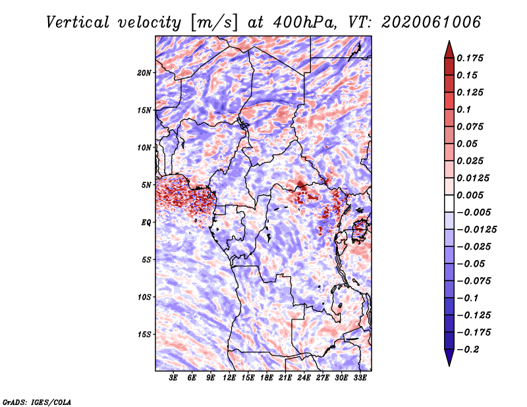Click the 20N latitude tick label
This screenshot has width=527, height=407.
click(x=144, y=72)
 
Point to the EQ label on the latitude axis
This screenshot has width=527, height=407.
click(x=146, y=222)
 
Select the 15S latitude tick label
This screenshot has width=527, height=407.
click(x=144, y=335)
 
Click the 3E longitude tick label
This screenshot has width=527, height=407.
click(x=174, y=379)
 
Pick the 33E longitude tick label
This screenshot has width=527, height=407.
click(x=360, y=379)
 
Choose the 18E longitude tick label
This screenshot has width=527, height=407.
click(x=267, y=379)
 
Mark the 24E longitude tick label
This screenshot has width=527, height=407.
click(x=304, y=379)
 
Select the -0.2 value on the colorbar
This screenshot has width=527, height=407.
click(x=472, y=349)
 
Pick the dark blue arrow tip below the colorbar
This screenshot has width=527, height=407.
click(x=449, y=360)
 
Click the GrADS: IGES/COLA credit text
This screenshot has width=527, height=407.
click(x=36, y=401)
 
